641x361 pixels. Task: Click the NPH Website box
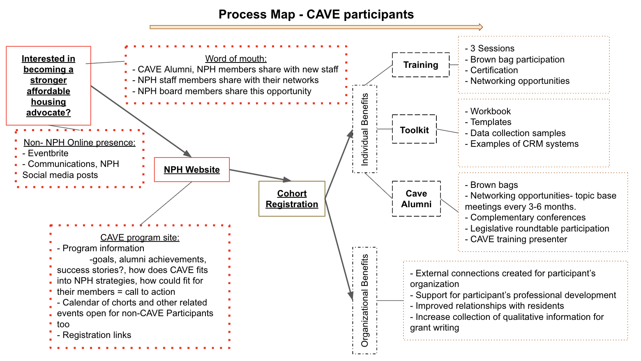click(x=191, y=169)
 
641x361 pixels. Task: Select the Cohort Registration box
click(x=292, y=199)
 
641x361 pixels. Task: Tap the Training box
click(x=421, y=65)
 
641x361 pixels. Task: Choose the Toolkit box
click(x=414, y=130)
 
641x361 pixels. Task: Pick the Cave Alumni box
click(x=416, y=199)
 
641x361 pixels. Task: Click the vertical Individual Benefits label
click(x=365, y=129)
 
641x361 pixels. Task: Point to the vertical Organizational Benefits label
click(x=365, y=301)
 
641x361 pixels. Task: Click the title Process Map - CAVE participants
click(x=316, y=14)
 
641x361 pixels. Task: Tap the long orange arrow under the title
click(x=316, y=27)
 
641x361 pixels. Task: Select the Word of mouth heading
click(x=236, y=59)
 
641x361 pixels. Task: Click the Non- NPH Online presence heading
click(x=79, y=143)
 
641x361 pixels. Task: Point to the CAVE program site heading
click(x=140, y=238)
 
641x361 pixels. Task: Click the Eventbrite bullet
click(x=48, y=153)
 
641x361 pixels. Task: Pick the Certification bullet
click(x=494, y=70)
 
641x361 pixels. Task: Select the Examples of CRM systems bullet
click(x=524, y=144)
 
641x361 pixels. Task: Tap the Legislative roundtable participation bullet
click(x=540, y=229)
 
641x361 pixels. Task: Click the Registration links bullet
click(x=97, y=335)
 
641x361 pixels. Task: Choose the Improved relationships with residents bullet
click(x=489, y=306)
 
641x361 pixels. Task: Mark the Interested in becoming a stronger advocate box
click(x=48, y=86)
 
